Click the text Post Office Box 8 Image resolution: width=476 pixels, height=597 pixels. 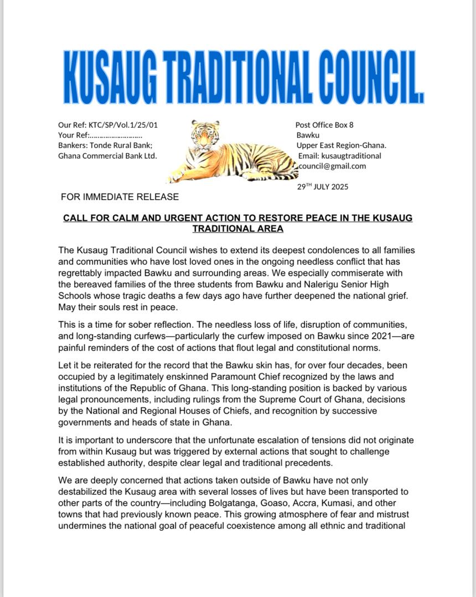coord(324,125)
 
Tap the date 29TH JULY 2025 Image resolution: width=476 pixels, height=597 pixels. coord(323,186)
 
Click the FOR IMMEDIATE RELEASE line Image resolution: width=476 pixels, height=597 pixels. coord(120,197)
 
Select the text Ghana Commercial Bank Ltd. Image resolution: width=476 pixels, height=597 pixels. coord(107,155)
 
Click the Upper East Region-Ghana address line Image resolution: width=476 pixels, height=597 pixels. coord(342,145)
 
